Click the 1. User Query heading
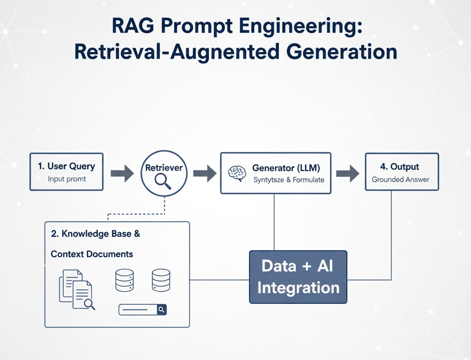(66, 167)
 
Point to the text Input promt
(67, 179)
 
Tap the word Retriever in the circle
(164, 168)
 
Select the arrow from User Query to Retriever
(122, 174)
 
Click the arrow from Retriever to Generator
(204, 174)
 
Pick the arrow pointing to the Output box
(347, 174)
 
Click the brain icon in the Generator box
(237, 173)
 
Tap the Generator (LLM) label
(286, 168)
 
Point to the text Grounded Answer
(400, 180)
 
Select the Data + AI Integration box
(298, 277)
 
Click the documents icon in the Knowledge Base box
(76, 289)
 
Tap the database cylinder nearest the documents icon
(125, 280)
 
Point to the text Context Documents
(92, 254)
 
